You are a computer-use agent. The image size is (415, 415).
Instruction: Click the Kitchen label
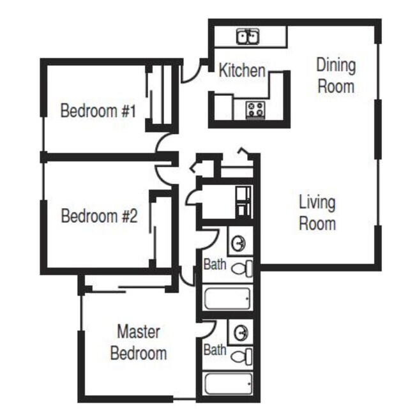(x=242, y=70)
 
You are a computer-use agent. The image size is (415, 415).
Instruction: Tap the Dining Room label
(x=336, y=75)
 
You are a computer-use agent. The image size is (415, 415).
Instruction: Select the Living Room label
(x=317, y=213)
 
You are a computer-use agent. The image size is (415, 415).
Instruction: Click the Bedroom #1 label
(x=98, y=110)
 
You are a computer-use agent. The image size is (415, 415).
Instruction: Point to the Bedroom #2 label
(x=99, y=216)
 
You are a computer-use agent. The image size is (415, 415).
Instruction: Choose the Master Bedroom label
(x=139, y=342)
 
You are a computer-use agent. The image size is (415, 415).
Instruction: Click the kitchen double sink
(x=248, y=37)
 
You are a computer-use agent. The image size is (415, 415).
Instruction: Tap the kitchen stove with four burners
(x=256, y=109)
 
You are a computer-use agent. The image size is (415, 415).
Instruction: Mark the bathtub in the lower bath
(x=227, y=385)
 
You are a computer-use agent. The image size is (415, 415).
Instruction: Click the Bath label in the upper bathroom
(x=215, y=263)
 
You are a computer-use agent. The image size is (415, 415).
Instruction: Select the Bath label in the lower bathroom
(x=215, y=350)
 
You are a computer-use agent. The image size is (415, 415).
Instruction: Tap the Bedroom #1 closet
(x=160, y=96)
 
